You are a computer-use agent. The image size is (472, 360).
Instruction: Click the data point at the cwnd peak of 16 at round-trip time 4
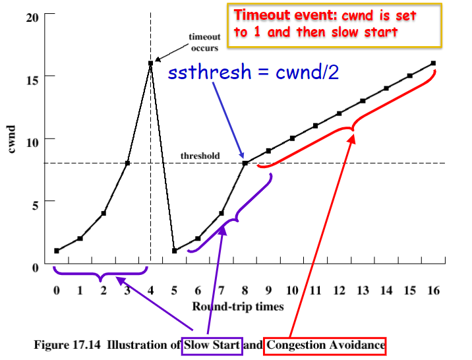(x=150, y=63)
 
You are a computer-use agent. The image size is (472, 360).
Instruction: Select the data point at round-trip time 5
(x=174, y=251)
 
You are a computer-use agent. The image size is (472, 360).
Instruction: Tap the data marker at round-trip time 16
(x=433, y=63)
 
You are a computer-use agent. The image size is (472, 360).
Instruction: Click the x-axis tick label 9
(x=268, y=290)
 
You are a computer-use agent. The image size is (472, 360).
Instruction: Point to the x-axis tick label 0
(x=57, y=290)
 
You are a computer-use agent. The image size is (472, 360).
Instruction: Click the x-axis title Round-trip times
(x=238, y=306)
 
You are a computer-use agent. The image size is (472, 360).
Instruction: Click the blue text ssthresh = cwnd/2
(x=253, y=72)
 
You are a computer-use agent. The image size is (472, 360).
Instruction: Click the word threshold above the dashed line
(x=201, y=156)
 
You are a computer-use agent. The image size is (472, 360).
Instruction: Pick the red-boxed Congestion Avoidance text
(x=325, y=344)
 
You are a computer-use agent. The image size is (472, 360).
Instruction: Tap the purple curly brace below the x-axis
(x=101, y=272)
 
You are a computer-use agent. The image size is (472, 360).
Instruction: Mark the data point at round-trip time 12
(x=339, y=113)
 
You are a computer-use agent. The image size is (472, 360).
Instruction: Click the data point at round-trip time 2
(x=103, y=214)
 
